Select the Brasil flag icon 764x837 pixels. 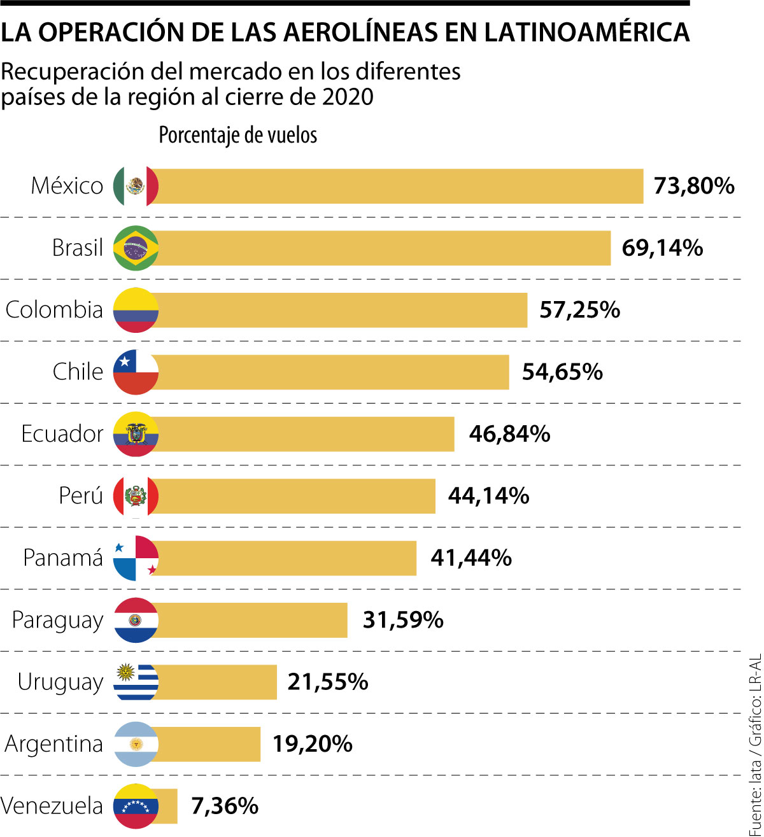136,248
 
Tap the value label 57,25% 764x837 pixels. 579,310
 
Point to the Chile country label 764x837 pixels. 78,372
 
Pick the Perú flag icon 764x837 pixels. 136,496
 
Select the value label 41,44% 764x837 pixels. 471,558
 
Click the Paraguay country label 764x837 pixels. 57,621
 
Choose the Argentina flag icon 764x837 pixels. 136,744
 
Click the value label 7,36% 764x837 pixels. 225,806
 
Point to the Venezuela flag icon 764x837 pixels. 136,806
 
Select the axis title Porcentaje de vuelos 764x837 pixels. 237,136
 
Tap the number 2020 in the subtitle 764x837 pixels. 347,97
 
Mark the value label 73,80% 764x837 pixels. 694,186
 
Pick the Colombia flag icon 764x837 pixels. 136,310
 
